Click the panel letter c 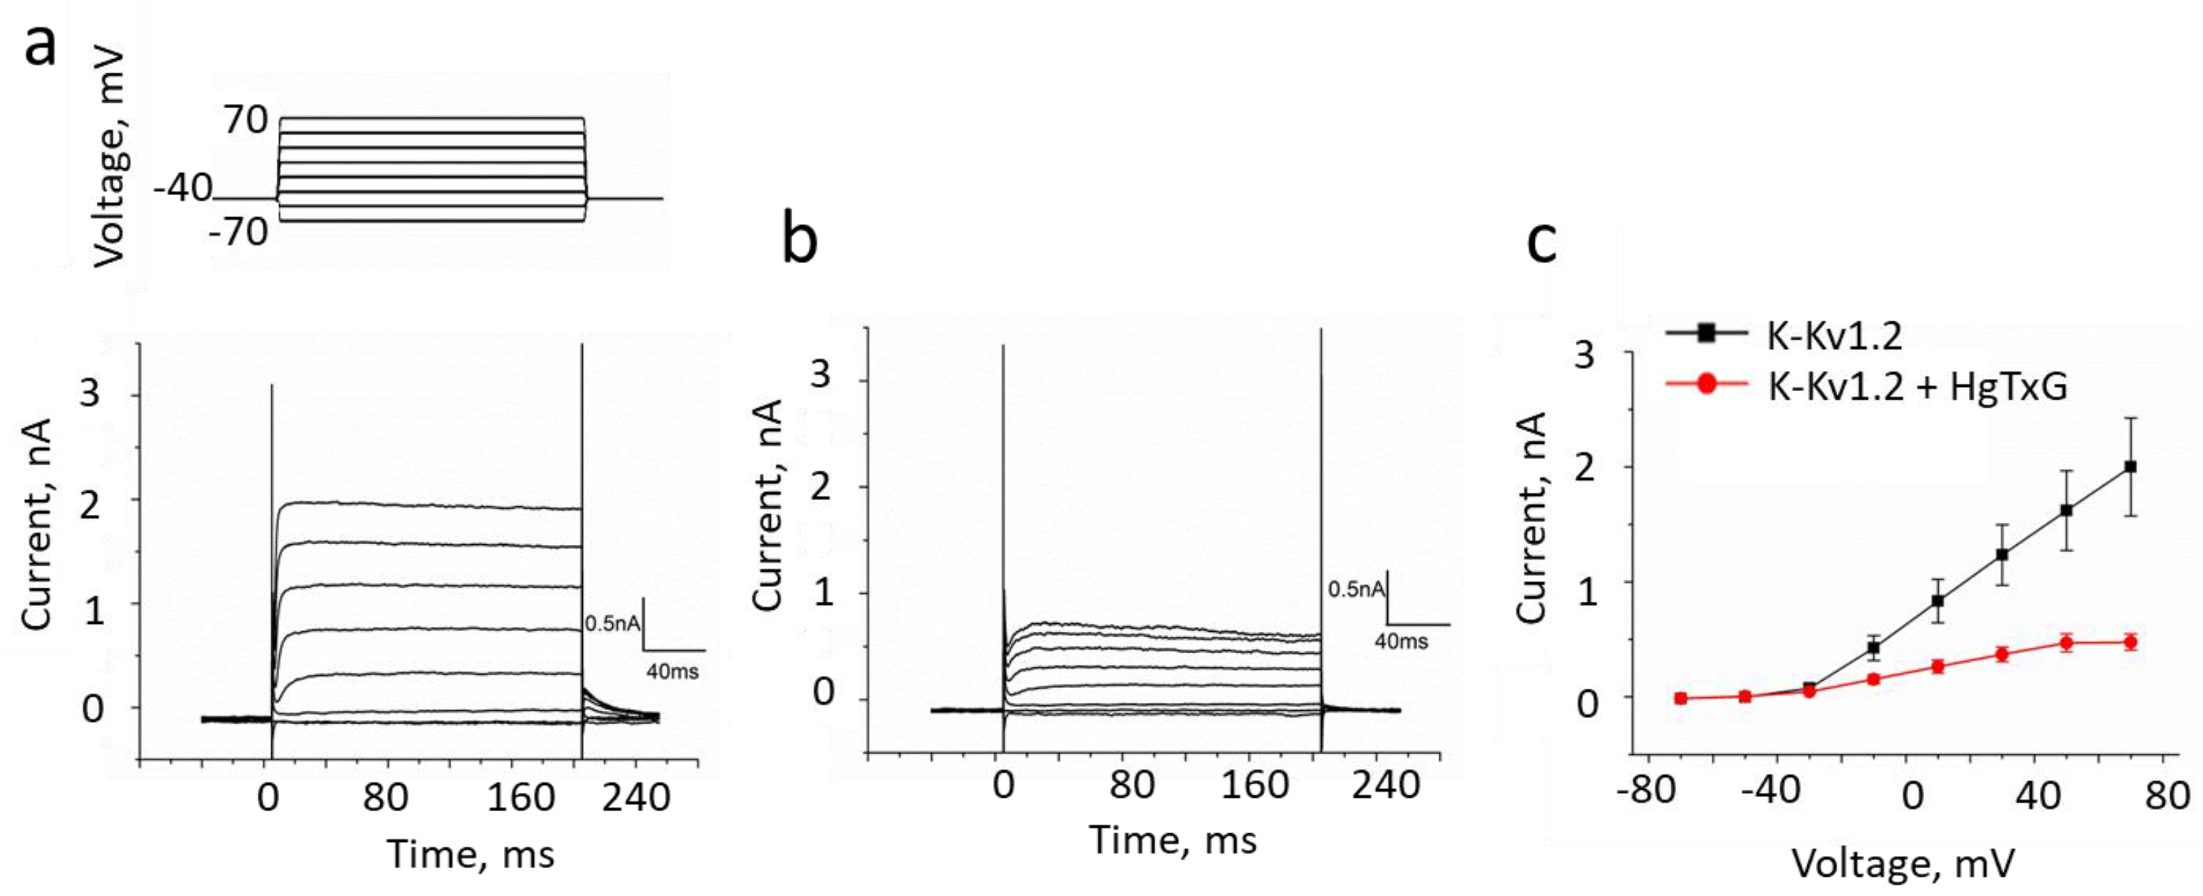[1541, 243]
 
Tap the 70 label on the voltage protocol [246, 120]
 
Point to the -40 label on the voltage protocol [182, 187]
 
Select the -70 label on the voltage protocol [238, 232]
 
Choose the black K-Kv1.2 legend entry [1834, 335]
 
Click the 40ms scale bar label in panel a [672, 672]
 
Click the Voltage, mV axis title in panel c [1903, 863]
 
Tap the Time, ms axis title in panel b [1172, 840]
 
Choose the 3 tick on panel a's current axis [90, 395]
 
